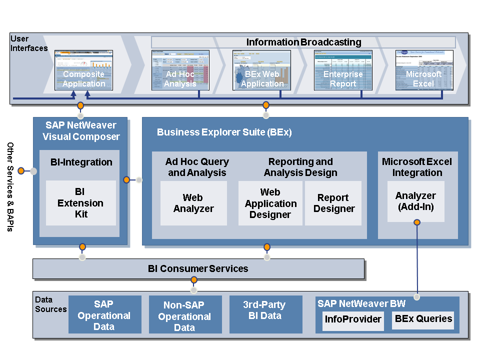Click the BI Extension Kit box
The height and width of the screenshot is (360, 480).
[x=80, y=203]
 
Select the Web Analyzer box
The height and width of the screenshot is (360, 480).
[x=193, y=203]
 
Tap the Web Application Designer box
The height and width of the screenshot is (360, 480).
[x=270, y=203]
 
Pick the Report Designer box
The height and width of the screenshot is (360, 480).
[x=334, y=203]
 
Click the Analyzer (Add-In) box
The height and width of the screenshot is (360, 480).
[x=415, y=201]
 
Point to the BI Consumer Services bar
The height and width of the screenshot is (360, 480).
[x=198, y=269]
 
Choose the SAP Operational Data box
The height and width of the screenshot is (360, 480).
[x=104, y=315]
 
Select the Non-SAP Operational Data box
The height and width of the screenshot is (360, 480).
[x=185, y=315]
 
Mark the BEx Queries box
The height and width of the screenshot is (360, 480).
[x=423, y=319]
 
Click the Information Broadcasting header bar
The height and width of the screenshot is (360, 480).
[x=303, y=42]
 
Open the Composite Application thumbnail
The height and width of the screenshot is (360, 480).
[x=83, y=70]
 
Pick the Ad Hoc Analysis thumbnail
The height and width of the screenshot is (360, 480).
[x=180, y=70]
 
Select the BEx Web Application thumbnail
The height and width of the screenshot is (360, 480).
[x=262, y=70]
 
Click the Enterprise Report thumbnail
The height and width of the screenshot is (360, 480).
[x=343, y=70]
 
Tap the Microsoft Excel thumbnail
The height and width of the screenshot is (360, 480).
[x=423, y=70]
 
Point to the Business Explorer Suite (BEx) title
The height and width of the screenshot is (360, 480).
[x=224, y=132]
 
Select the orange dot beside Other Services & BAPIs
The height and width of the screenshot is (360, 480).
[x=21, y=171]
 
